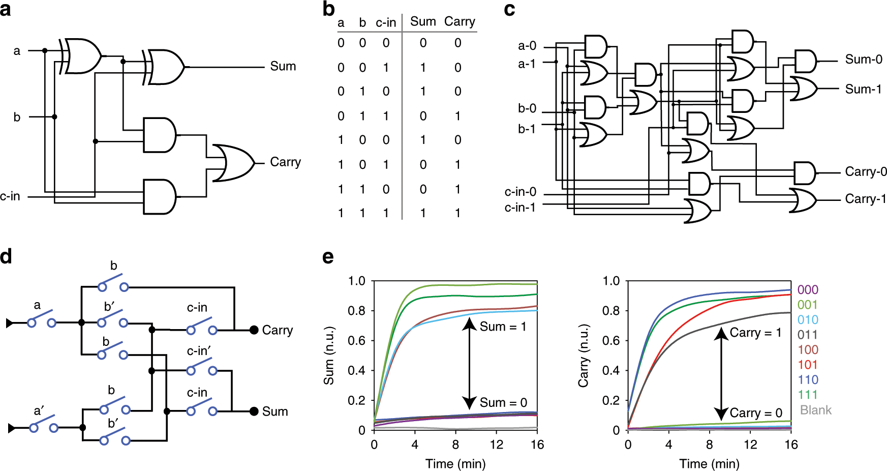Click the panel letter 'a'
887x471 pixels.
pyautogui.click(x=6, y=10)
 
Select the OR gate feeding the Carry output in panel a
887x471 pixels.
pyautogui.click(x=233, y=163)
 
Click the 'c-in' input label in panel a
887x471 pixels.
pyautogui.click(x=10, y=196)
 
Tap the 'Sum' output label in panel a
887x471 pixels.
pyautogui.click(x=283, y=66)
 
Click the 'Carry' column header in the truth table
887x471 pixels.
pyautogui.click(x=459, y=21)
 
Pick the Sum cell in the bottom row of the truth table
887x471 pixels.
pyautogui.click(x=423, y=213)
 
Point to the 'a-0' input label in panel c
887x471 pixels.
pyautogui.click(x=527, y=46)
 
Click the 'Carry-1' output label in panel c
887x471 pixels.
pyautogui.click(x=865, y=199)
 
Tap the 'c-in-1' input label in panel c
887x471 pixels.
pyautogui.click(x=519, y=208)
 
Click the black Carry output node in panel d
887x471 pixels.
pyautogui.click(x=254, y=330)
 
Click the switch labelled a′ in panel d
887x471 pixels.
pyautogui.click(x=43, y=426)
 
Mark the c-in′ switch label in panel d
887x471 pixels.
pyautogui.click(x=199, y=351)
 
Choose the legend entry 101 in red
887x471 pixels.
pyautogui.click(x=807, y=365)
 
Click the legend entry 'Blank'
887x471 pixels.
pyautogui.click(x=815, y=410)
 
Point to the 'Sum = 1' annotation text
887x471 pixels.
pyautogui.click(x=502, y=327)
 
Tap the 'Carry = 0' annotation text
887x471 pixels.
pyautogui.click(x=755, y=413)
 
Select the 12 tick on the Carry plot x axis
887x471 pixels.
pyautogui.click(x=750, y=445)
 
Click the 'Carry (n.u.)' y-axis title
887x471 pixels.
pyautogui.click(x=583, y=356)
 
